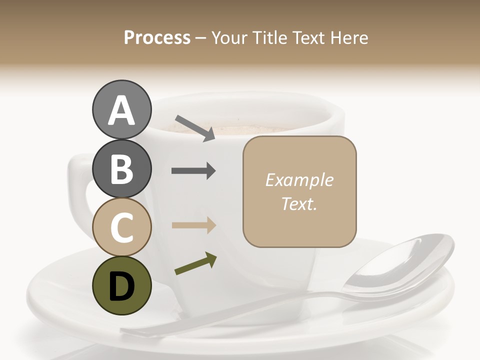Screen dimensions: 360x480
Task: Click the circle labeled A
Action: click(121, 110)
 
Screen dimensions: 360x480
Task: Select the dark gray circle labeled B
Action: click(121, 168)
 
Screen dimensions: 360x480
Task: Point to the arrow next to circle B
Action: click(193, 171)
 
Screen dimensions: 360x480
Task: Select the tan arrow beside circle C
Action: click(193, 225)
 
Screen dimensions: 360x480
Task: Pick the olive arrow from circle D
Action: click(195, 264)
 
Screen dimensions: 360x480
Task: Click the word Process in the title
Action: click(157, 37)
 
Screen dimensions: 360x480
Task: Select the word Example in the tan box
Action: click(299, 180)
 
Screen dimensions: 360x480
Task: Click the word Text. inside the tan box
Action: click(299, 204)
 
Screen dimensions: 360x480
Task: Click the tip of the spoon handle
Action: click(127, 331)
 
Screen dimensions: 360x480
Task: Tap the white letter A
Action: click(121, 110)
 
